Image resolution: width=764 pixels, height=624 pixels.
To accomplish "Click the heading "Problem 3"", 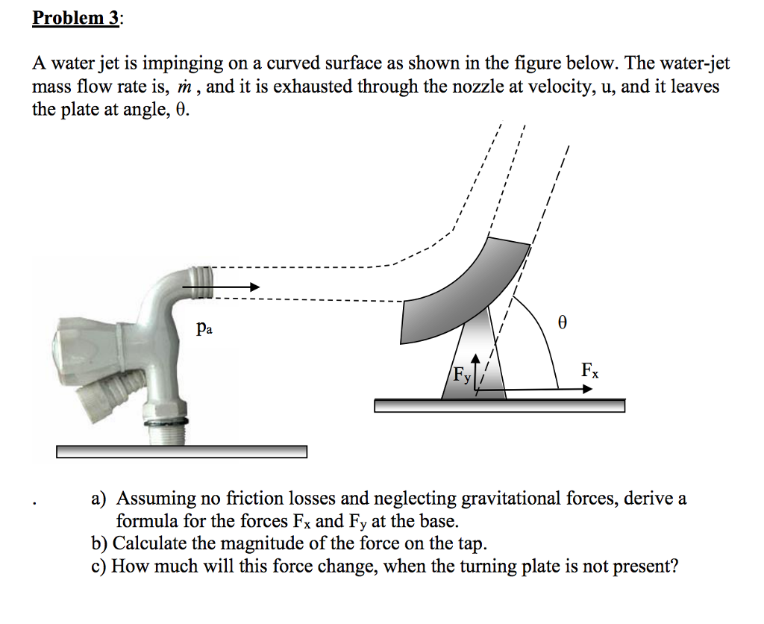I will pyautogui.click(x=75, y=18).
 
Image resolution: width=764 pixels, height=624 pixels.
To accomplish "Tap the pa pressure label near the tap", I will pyautogui.click(x=202, y=328).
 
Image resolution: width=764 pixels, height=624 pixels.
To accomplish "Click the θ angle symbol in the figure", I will pyautogui.click(x=563, y=323).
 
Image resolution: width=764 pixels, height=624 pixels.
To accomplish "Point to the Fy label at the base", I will pyautogui.click(x=463, y=378).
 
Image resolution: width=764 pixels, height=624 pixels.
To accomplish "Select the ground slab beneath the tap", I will pyautogui.click(x=181, y=452).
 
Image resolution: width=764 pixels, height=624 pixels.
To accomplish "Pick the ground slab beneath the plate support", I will pyautogui.click(x=499, y=405).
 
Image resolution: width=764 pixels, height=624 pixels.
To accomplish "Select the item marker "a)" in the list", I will pyautogui.click(x=99, y=499).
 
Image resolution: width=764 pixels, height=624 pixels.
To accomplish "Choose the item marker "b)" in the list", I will pyautogui.click(x=99, y=543).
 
